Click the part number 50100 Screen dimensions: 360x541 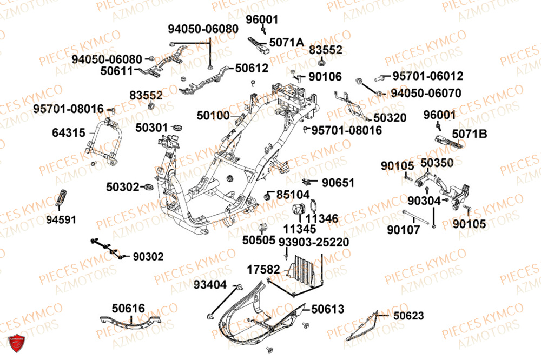click(x=213, y=115)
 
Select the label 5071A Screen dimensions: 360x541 click(x=287, y=42)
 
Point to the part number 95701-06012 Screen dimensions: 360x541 click(x=427, y=76)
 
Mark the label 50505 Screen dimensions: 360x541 click(x=259, y=238)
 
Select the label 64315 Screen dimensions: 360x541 click(x=68, y=132)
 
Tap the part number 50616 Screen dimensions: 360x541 click(x=128, y=308)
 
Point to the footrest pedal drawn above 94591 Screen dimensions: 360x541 click(x=61, y=199)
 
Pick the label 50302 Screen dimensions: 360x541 click(x=123, y=186)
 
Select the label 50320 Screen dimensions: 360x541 click(x=390, y=117)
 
